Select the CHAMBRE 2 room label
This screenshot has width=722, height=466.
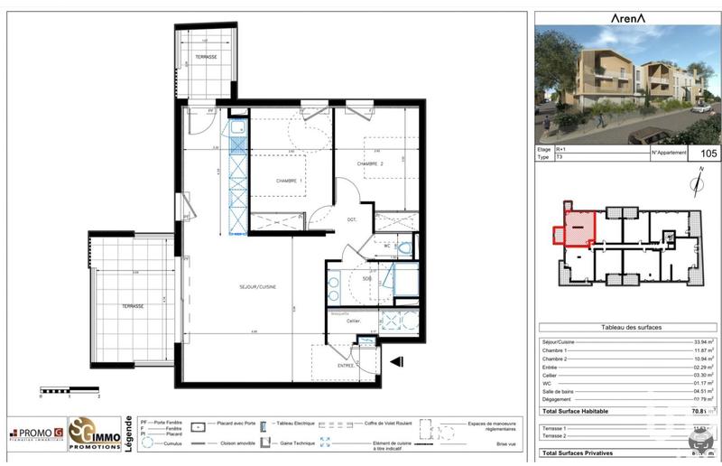pos(370,163)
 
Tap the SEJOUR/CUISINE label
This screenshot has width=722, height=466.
pos(258,287)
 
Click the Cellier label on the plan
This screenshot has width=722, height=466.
pos(353,321)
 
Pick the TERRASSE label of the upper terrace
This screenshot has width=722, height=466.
pos(206,57)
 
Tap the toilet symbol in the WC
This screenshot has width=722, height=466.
pos(404,247)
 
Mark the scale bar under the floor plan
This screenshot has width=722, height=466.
pos(70,391)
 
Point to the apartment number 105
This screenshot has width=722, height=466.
pos(704,153)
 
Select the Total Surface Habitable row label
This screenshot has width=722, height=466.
pos(574,410)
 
